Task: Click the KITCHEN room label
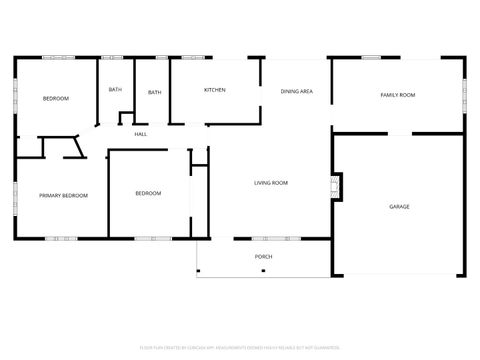point(215,90)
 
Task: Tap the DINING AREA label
point(297,91)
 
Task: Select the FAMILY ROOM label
point(397,95)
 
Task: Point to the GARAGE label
point(399,206)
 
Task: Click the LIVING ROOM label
point(271,183)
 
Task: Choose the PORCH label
point(263,257)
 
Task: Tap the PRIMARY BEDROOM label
point(63,196)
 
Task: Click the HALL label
point(141,134)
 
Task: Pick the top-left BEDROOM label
point(56,98)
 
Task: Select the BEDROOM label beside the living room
point(148,193)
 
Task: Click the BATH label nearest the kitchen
point(154,93)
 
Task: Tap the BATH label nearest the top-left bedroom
point(116,90)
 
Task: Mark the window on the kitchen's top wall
point(196,57)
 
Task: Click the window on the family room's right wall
point(465,95)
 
